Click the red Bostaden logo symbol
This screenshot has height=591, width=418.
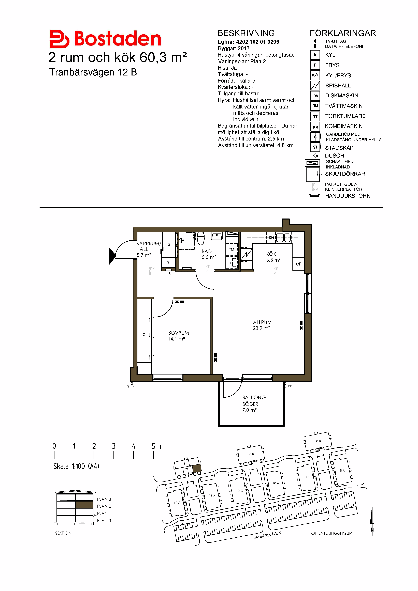click(x=59, y=39)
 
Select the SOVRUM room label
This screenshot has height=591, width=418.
click(x=179, y=333)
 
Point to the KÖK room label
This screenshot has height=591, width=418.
click(x=271, y=254)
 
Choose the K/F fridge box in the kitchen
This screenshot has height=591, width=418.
click(x=298, y=264)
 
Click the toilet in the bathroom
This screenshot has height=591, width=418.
click(x=201, y=238)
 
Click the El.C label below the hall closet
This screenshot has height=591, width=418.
click(x=169, y=273)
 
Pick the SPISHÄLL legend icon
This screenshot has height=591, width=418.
click(x=315, y=85)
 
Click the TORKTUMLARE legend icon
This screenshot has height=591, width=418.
click(x=315, y=116)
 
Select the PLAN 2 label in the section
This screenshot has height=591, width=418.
click(x=104, y=506)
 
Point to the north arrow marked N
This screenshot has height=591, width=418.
click(x=372, y=521)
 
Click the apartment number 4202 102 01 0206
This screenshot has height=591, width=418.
click(x=257, y=42)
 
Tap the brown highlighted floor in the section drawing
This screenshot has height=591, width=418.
click(x=84, y=505)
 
